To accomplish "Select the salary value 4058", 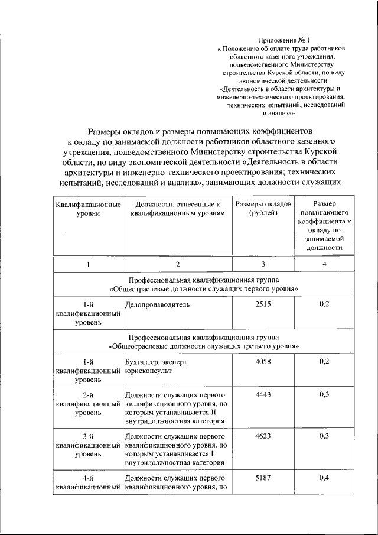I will [x=263, y=362].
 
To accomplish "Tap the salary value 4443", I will [x=263, y=394].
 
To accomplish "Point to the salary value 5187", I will [x=263, y=478].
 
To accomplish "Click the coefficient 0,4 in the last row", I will [x=324, y=478].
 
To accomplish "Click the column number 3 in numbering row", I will [x=263, y=264].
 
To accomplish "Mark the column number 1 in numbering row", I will [x=88, y=264].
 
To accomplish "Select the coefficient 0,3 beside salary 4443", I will [x=324, y=394].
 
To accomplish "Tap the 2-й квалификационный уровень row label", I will [x=88, y=404].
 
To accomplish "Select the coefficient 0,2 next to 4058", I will [x=324, y=362].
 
